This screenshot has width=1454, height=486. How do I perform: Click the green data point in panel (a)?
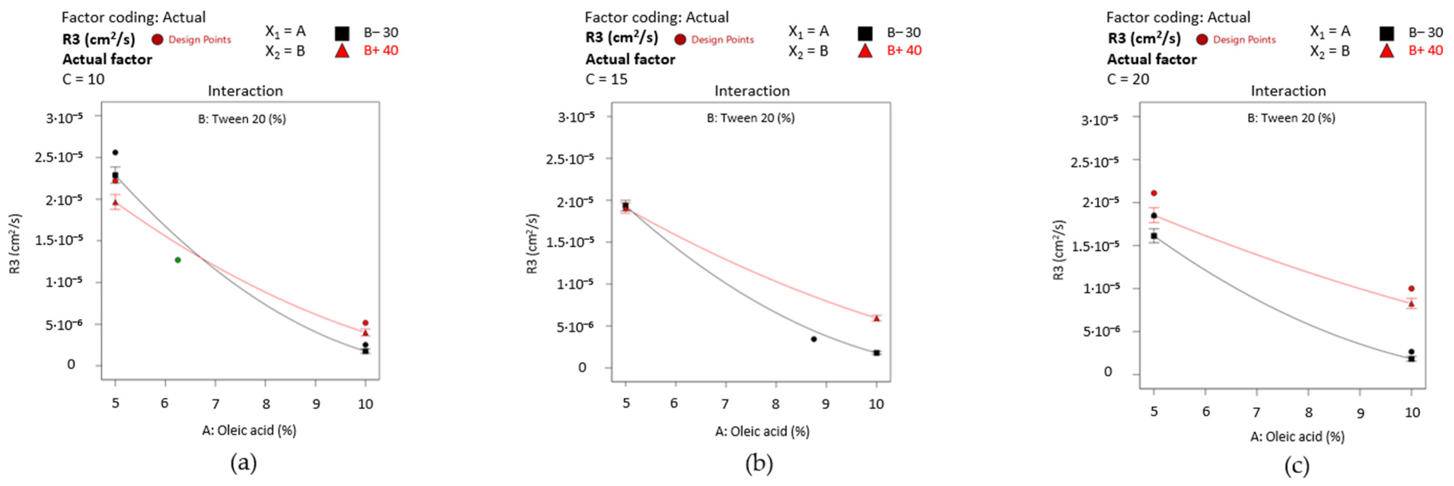[178, 260]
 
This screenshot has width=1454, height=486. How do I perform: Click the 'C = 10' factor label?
[84, 79]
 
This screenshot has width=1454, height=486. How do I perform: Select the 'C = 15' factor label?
[606, 79]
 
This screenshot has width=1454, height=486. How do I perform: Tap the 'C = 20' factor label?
[1128, 79]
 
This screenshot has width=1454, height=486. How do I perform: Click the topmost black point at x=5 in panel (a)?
[115, 153]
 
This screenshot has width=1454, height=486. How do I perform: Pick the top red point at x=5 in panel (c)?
[1154, 193]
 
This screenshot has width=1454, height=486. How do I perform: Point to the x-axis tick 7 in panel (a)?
[215, 404]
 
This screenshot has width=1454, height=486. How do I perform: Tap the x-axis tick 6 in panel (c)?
[1206, 411]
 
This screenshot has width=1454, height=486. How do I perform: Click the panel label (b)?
[758, 464]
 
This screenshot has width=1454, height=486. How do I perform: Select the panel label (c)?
[1296, 466]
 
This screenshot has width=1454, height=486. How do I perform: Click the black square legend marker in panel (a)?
[342, 33]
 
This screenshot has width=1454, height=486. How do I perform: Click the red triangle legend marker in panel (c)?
[1386, 51]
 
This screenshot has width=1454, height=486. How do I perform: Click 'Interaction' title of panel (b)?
[752, 91]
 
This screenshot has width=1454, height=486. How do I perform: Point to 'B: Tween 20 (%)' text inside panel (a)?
[242, 119]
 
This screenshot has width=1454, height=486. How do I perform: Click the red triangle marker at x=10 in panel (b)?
[876, 318]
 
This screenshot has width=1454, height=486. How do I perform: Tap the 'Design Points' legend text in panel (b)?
[722, 40]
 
